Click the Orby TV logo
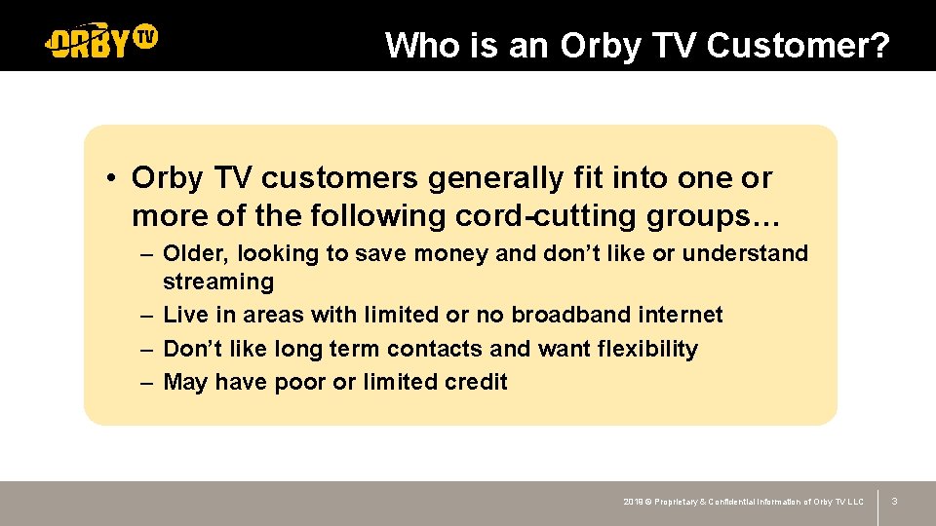101,41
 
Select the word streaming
217,282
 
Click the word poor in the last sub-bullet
300,382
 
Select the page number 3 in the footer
894,502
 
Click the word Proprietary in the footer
682,502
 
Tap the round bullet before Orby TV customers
114,179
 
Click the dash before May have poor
145,382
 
